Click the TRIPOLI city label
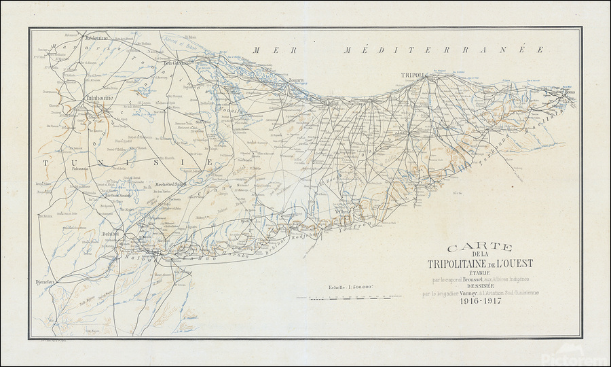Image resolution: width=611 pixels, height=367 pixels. (x=412, y=75)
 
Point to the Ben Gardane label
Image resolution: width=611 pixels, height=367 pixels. (x=178, y=63)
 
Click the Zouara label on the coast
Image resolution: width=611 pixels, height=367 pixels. (x=295, y=80)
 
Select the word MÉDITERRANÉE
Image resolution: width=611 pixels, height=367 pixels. (x=445, y=50)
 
